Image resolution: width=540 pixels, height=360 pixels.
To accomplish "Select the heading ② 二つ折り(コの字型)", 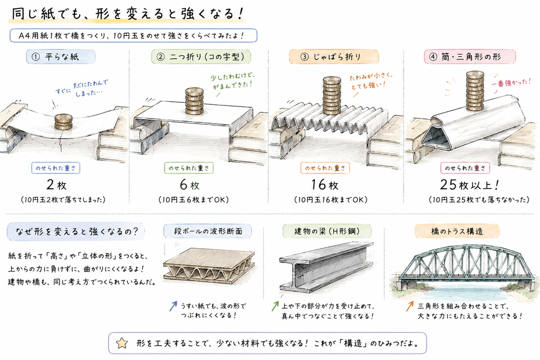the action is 201,57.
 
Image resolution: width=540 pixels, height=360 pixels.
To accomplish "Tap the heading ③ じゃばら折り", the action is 333,57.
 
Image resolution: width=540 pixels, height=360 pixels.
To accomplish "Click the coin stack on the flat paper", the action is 64,122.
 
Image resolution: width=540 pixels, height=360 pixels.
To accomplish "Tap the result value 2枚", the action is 56,185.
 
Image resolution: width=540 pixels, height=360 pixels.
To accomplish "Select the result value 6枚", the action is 189,185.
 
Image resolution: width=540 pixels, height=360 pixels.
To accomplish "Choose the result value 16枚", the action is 325,185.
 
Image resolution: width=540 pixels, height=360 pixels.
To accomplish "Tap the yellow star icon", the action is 122,343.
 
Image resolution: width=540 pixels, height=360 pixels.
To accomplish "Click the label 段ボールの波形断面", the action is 208,231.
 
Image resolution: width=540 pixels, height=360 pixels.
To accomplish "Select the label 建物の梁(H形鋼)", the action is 327,231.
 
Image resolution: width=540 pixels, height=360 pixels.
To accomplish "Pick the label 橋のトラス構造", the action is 457,231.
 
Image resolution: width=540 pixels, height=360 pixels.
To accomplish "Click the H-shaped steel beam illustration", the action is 326,266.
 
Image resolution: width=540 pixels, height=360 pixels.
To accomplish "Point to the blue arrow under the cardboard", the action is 173,306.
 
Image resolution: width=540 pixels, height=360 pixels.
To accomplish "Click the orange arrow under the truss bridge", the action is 409,306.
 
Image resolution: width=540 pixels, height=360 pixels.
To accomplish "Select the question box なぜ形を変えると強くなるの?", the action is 76,231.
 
